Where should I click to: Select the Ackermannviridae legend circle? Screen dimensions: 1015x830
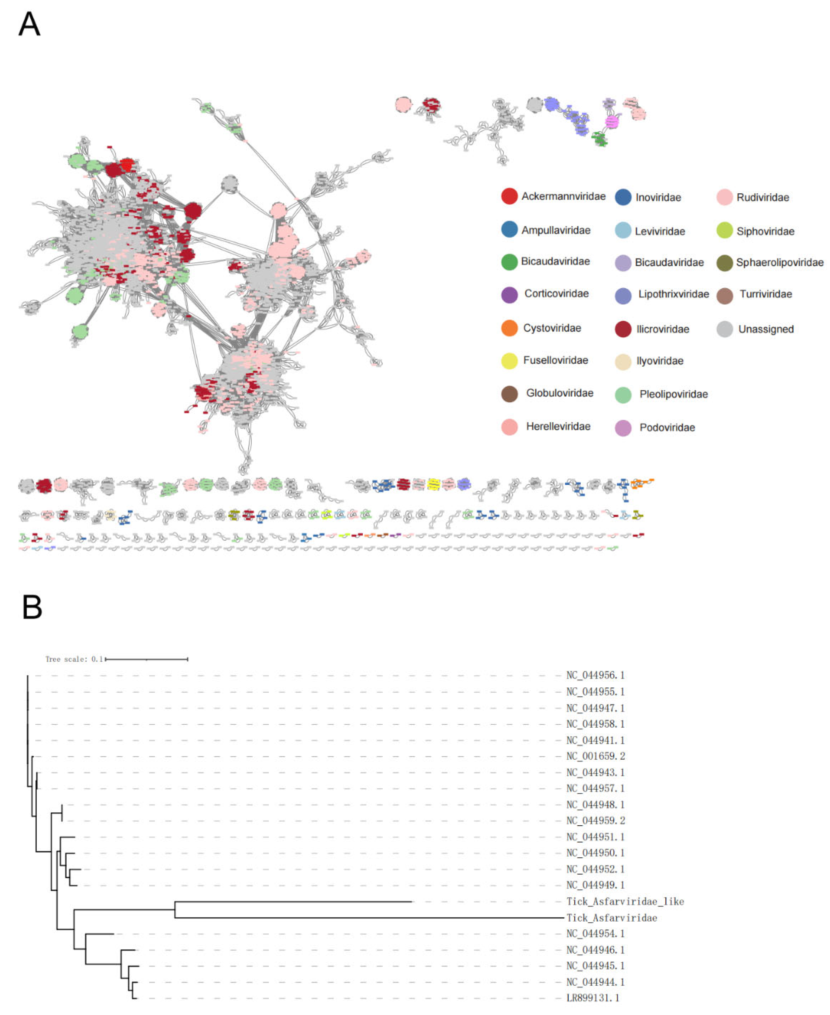pyautogui.click(x=509, y=196)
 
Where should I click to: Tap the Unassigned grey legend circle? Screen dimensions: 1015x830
pyautogui.click(x=724, y=329)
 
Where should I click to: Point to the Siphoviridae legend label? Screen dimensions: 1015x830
pyautogui.click(x=765, y=232)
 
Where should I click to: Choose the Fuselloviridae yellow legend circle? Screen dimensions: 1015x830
pyautogui.click(x=509, y=361)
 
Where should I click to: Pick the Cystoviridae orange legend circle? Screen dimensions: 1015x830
pyautogui.click(x=509, y=328)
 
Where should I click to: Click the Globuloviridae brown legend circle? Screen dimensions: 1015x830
pyautogui.click(x=509, y=394)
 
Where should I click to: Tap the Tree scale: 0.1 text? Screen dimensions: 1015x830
pyautogui.click(x=74, y=659)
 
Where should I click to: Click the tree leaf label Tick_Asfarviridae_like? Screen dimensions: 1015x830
pyautogui.click(x=625, y=902)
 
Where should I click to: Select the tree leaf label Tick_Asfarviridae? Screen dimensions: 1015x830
pyautogui.click(x=611, y=918)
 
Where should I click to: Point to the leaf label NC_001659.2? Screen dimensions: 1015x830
pyautogui.click(x=595, y=756)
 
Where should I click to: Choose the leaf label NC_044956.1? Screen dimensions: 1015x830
pyautogui.click(x=595, y=675)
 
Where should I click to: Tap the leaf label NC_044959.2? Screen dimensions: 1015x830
pyautogui.click(x=595, y=820)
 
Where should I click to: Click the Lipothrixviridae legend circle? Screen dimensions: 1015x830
pyautogui.click(x=623, y=296)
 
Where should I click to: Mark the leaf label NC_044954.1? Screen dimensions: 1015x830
pyautogui.click(x=595, y=934)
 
